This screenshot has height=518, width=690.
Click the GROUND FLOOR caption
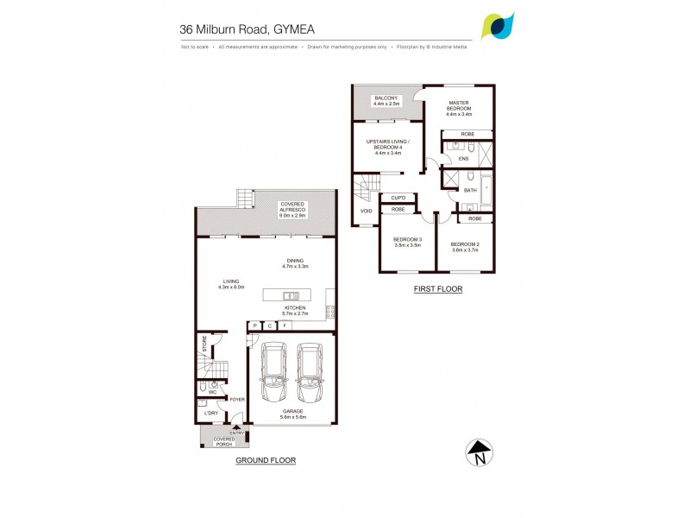[266, 460]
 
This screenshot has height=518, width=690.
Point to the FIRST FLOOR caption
[439, 289]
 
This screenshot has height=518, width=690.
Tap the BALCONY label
[385, 100]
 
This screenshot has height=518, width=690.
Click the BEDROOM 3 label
[407, 242]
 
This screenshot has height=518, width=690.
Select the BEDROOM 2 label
[464, 246]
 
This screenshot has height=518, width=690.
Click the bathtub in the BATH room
[486, 189]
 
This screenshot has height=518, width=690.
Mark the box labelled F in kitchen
[284, 326]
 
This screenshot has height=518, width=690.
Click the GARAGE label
[291, 414]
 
